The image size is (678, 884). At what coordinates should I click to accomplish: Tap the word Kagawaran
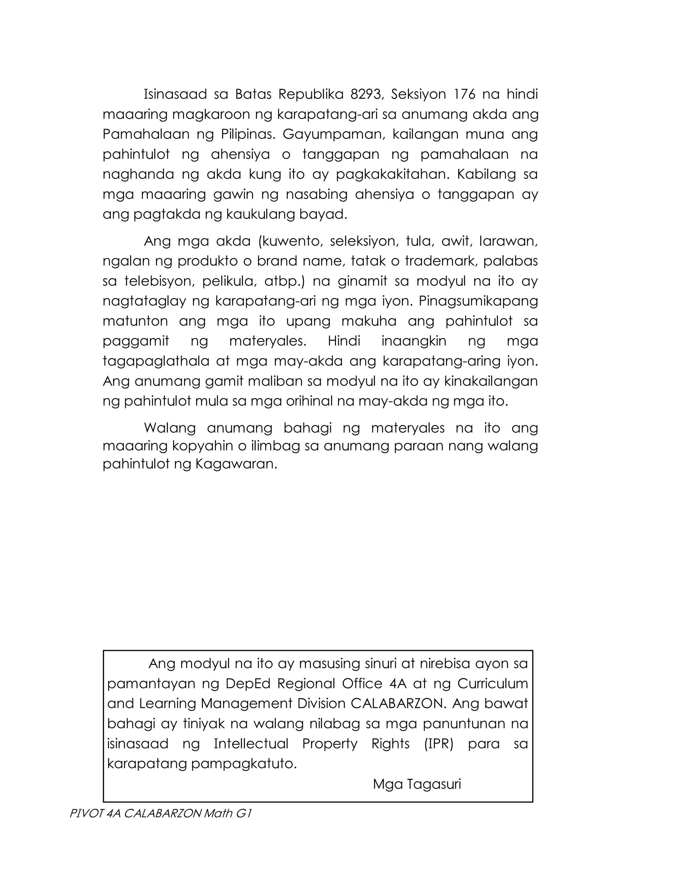[x=236, y=464]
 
